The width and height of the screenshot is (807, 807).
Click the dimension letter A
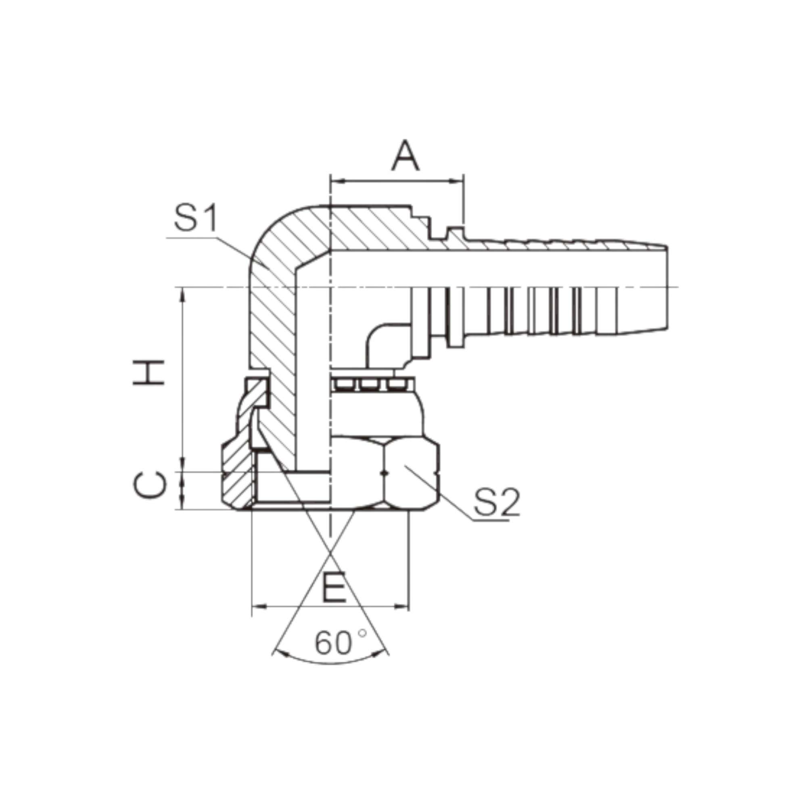pos(406,157)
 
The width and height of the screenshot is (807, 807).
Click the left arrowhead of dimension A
pos(337,181)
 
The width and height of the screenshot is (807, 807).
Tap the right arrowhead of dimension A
pos(457,181)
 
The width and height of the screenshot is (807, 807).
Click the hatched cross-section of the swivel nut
pos(236,476)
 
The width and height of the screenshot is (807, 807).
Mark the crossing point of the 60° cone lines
pos(330,554)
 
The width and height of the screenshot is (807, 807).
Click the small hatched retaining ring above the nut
pos(256,391)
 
